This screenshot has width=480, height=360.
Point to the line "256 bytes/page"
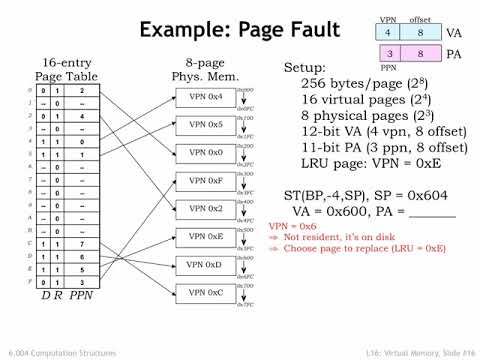click(359, 86)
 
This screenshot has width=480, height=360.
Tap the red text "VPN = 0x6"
click(291, 226)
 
